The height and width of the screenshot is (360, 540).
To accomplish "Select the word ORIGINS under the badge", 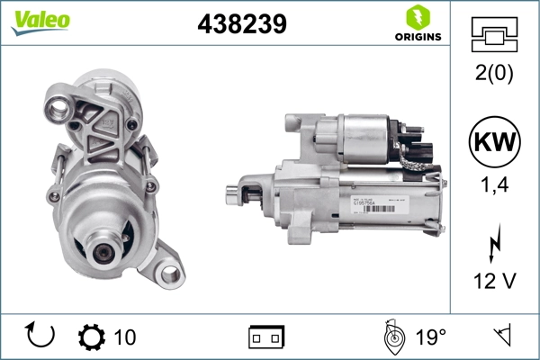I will click(x=416, y=37).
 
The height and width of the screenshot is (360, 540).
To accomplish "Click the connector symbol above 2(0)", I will click(x=495, y=36).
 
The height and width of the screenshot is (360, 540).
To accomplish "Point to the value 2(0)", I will click(x=495, y=75).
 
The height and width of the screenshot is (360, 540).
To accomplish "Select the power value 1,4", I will click(x=495, y=185).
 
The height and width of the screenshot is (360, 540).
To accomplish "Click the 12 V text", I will click(x=495, y=281).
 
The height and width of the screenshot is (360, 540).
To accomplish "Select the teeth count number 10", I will click(x=125, y=337).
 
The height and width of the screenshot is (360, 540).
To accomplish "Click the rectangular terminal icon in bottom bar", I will click(x=266, y=337).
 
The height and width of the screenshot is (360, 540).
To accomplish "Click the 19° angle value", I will click(x=430, y=337).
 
